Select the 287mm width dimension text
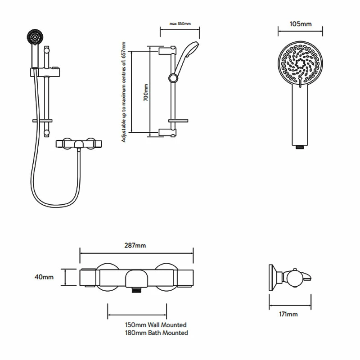(136, 245)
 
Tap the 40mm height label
(45, 277)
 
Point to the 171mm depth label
(288, 314)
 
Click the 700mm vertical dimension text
(145, 92)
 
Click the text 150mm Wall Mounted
(156, 324)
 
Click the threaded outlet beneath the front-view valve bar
(136, 291)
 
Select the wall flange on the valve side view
(271, 277)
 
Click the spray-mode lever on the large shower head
(299, 82)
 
